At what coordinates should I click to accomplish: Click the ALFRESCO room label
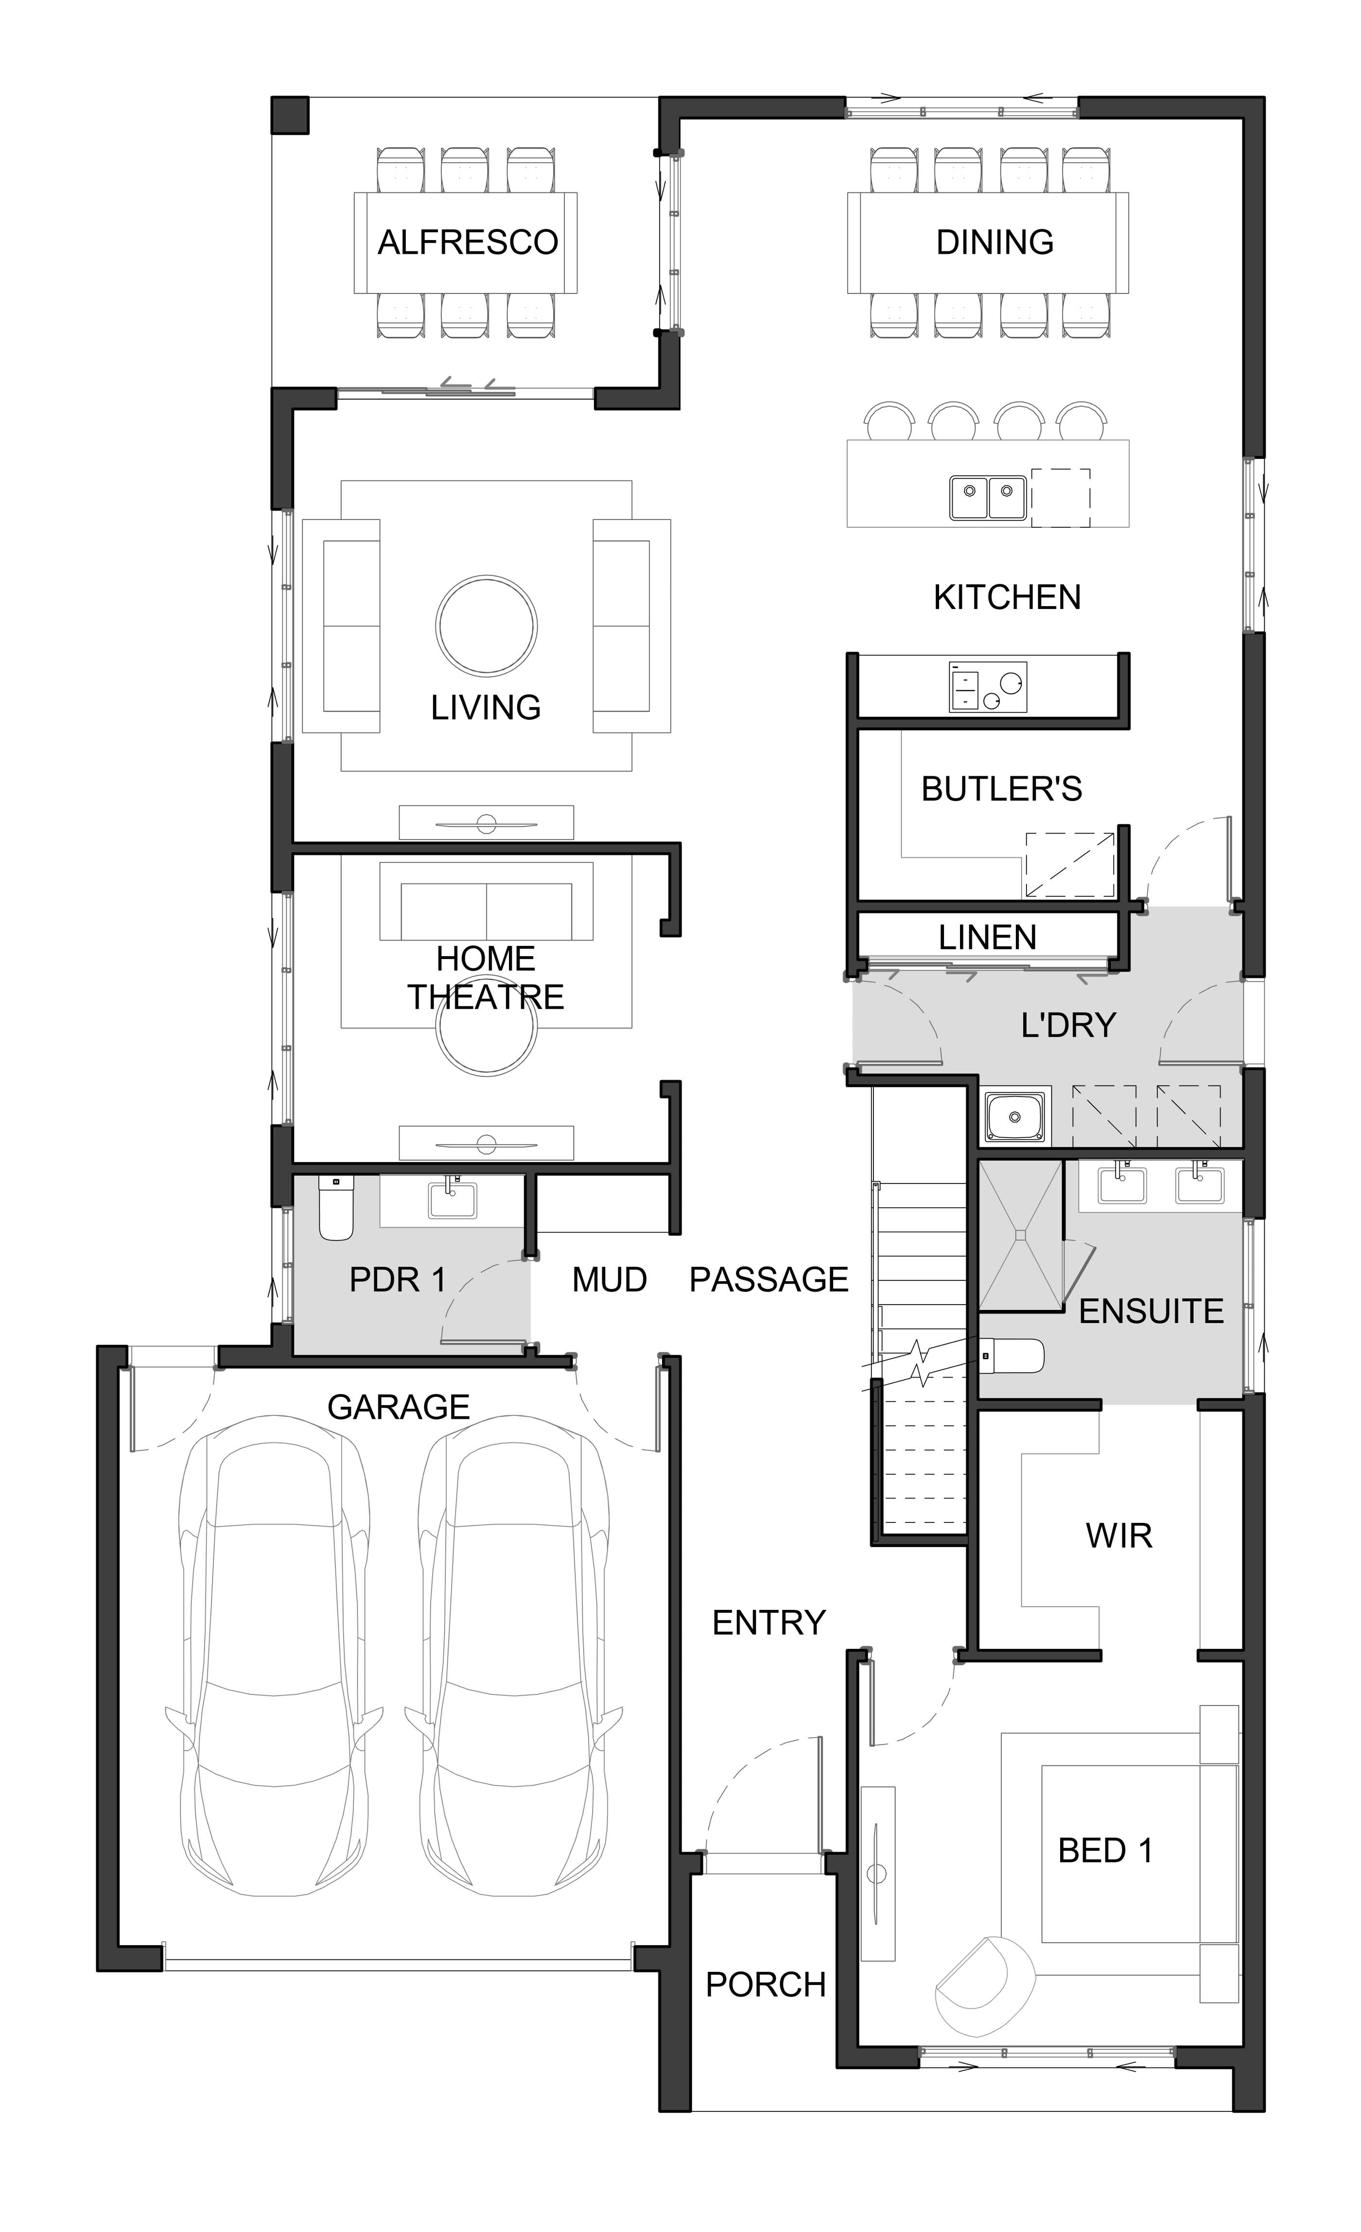click(468, 242)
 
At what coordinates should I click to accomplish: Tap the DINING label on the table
click(995, 242)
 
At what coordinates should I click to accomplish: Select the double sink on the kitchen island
click(988, 497)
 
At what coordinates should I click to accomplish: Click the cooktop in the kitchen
click(988, 687)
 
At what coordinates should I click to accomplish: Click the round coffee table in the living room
click(487, 626)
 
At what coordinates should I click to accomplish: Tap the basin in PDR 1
click(452, 1199)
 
